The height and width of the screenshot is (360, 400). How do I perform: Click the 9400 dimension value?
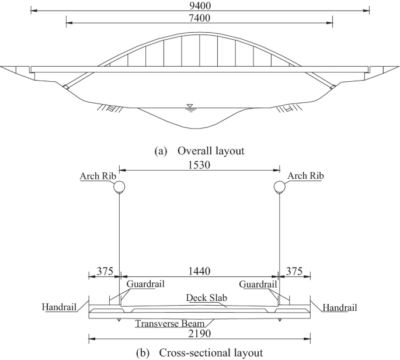click(200, 5)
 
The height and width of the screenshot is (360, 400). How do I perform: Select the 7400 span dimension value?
click(200, 18)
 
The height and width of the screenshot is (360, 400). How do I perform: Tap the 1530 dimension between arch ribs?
click(200, 165)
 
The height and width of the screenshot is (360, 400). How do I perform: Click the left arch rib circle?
click(119, 187)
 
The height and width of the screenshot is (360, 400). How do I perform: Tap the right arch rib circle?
click(280, 187)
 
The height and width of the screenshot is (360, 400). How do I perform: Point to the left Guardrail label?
click(145, 285)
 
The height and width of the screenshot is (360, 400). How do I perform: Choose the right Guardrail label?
click(258, 285)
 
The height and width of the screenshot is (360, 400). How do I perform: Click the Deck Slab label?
click(200, 297)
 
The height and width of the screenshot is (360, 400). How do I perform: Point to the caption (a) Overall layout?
click(199, 150)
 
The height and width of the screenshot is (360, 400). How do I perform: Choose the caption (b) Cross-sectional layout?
click(199, 353)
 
